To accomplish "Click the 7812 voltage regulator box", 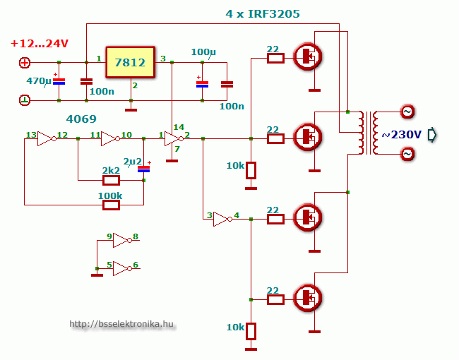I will tap(131, 63).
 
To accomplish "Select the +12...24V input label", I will tap(40, 44).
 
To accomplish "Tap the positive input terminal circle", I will tap(25, 63).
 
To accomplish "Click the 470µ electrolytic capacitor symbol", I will tap(59, 82).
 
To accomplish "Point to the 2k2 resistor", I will tap(112, 180).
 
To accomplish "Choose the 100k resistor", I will tap(111, 205).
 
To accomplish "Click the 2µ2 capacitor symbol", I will tap(144, 169).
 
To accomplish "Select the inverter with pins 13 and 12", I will tap(46, 138).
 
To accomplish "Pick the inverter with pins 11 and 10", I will tap(109, 138).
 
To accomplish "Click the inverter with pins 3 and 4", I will tap(222, 220).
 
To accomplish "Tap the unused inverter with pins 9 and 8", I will tap(121, 241).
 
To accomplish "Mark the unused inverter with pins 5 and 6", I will tap(121, 268).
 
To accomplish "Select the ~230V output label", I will tap(401, 134).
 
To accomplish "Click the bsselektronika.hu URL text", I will tap(121, 324).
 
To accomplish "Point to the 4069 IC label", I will tap(81, 119).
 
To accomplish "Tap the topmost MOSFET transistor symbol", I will tap(308, 56).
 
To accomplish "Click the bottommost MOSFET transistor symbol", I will tap(308, 297).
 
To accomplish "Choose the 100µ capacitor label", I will tap(203, 52).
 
